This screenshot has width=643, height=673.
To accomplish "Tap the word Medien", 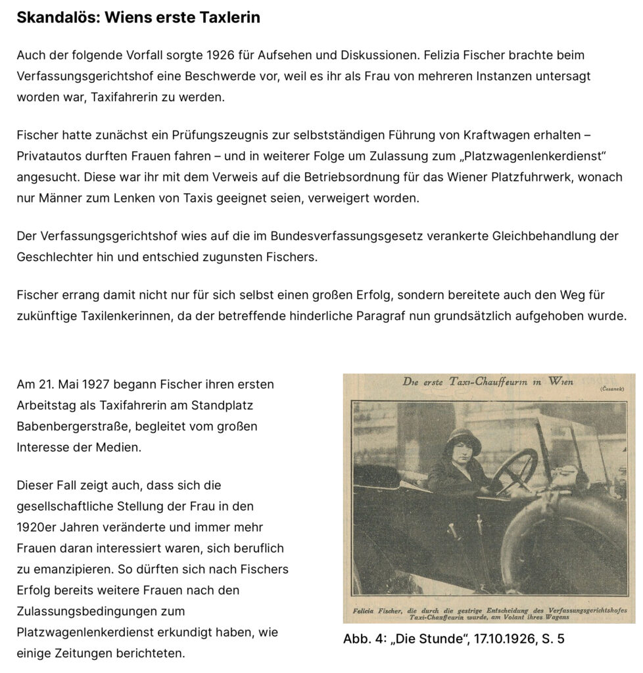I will click(x=120, y=448).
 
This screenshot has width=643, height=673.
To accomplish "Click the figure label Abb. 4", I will click(x=362, y=638).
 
